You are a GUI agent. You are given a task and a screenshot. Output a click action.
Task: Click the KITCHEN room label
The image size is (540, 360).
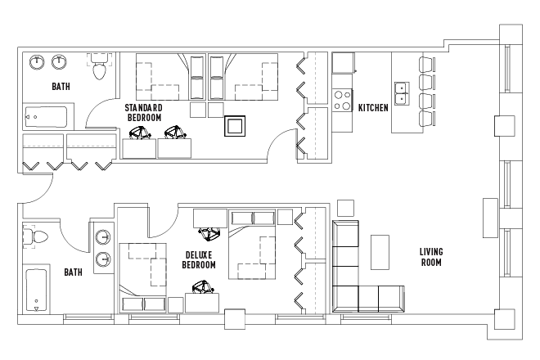pyautogui.click(x=373, y=108)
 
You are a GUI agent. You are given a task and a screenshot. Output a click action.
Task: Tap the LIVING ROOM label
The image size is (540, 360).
pyautogui.click(x=431, y=257)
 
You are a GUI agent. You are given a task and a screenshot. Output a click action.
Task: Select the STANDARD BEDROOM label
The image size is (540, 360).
pyautogui.click(x=144, y=113)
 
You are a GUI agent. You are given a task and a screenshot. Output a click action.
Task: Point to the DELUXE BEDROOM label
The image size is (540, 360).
pyautogui.click(x=199, y=259)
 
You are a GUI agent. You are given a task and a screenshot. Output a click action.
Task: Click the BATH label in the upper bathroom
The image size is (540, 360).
pyautogui.click(x=61, y=86)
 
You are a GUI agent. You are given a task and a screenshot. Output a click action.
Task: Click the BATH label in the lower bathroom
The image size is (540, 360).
pyautogui.click(x=74, y=272)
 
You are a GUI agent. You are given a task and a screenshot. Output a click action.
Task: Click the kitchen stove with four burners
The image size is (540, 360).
pyautogui.click(x=342, y=101)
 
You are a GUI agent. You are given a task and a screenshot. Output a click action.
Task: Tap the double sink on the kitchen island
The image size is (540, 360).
pyautogui.click(x=402, y=93)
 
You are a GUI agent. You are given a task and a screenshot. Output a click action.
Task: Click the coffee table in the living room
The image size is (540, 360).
pyautogui.click(x=380, y=252)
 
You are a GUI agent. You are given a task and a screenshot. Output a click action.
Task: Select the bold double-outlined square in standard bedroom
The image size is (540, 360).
pyautogui.click(x=235, y=126)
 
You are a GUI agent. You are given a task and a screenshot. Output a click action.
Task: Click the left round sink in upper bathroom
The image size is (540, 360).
pyautogui.click(x=37, y=62)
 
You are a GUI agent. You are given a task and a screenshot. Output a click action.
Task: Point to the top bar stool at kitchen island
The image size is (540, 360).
pyautogui.click(x=427, y=65)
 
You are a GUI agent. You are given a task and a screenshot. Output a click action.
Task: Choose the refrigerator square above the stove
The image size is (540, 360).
pyautogui.click(x=343, y=63)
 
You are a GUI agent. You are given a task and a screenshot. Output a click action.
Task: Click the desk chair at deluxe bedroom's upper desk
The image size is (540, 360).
pyautogui.click(x=209, y=234)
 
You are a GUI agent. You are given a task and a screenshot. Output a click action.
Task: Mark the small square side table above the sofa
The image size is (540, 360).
pyautogui.click(x=345, y=208)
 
